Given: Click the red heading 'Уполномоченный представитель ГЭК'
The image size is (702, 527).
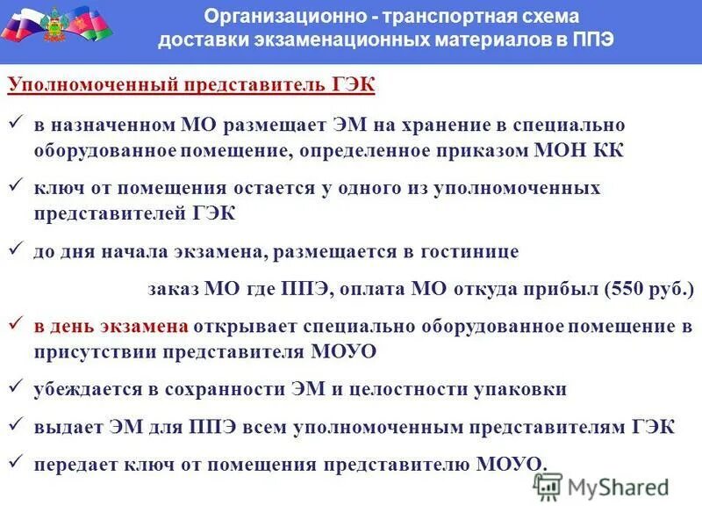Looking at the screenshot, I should pos(191,85).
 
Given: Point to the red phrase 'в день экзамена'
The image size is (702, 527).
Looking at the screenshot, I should pos(111,326).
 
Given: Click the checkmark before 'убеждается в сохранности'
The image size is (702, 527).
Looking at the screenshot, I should pos(15,387).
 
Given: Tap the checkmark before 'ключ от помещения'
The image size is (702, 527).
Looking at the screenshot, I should pos(15,187).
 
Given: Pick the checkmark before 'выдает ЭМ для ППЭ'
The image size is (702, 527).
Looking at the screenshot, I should pos(15,426).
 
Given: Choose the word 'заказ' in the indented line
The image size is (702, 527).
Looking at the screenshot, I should pos(172,288).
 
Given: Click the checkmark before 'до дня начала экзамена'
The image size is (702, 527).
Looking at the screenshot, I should pos(15,250).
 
